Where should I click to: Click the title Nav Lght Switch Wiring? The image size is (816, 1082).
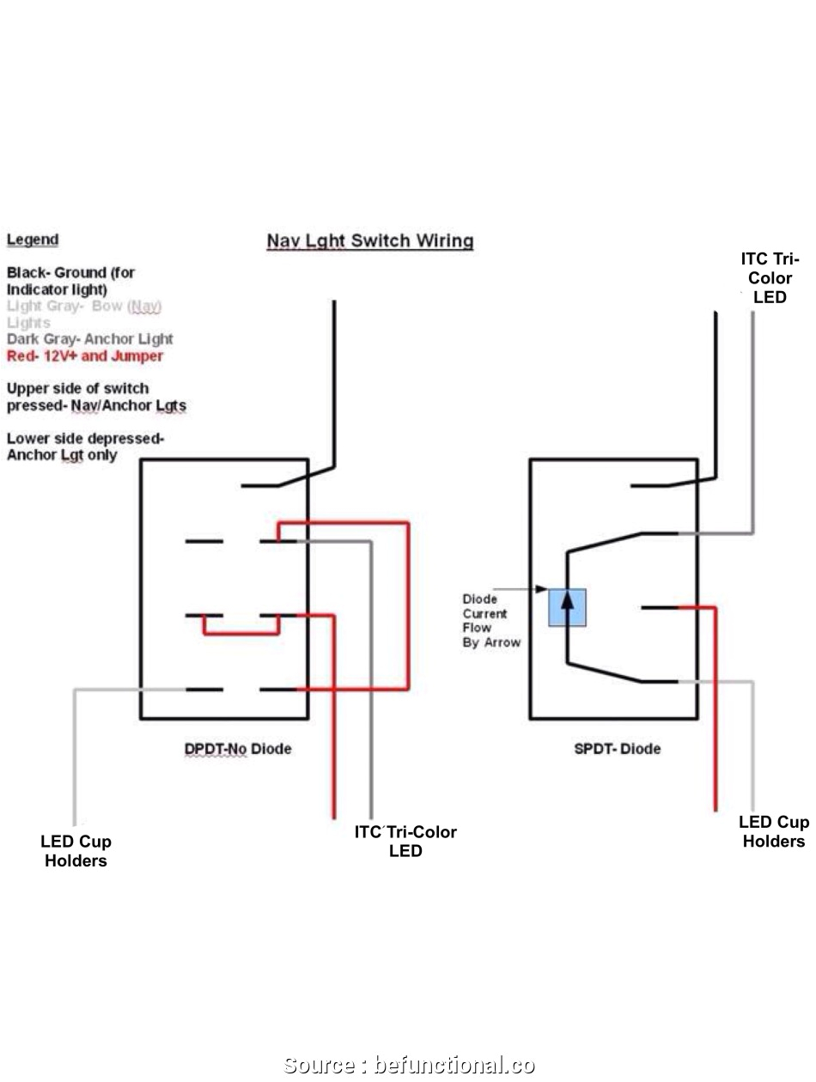pos(369,241)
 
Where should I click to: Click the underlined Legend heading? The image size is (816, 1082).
pos(33,240)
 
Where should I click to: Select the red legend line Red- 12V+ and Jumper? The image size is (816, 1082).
pos(85,356)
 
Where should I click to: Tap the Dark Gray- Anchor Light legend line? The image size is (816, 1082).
pos(90,339)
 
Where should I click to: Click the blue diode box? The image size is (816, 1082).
pos(568,607)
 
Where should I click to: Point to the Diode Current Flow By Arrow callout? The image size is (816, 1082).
pos(490,620)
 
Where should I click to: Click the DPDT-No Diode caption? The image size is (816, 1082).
pos(238,749)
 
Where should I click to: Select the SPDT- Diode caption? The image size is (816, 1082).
pos(617,749)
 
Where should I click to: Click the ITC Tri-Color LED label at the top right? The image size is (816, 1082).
pos(770,278)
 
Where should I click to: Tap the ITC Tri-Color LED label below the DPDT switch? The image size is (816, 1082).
pos(405,842)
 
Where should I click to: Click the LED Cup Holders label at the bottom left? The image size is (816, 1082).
pos(76,851)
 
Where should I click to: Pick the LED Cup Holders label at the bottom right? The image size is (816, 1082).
pos(773,832)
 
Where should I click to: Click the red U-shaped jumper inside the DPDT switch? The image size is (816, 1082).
pos(241,633)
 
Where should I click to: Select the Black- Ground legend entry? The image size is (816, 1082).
pos(71,281)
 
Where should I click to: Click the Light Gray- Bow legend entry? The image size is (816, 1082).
pos(84,313)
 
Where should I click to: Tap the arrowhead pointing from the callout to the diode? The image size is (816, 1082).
pos(543,589)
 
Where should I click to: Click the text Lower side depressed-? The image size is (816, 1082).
pos(85,439)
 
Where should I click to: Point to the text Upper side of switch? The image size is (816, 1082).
pos(77,388)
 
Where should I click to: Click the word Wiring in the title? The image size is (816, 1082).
pos(445,241)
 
